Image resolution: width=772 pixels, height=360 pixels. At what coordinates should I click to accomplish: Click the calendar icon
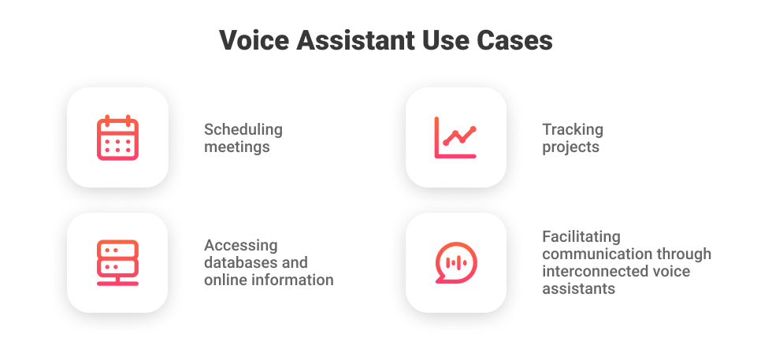[117, 138]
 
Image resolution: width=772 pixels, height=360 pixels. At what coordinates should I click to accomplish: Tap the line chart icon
[455, 138]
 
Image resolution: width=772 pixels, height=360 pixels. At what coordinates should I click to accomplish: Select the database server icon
[117, 262]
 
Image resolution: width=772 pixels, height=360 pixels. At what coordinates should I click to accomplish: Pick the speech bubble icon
[455, 262]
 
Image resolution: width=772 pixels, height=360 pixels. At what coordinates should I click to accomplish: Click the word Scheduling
[243, 130]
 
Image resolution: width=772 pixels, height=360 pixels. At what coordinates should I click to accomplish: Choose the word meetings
[236, 147]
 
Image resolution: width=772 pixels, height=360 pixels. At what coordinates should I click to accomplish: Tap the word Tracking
[573, 130]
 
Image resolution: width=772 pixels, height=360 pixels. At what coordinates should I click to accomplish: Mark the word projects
[570, 147]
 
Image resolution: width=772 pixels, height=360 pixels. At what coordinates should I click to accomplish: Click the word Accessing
[240, 246]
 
